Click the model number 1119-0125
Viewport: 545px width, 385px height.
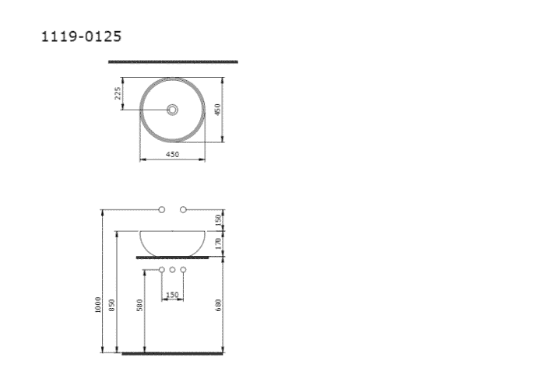point(80,37)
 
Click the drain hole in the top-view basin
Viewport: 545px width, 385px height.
point(173,110)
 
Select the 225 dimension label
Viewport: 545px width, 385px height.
point(118,93)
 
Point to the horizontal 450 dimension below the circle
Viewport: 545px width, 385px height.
point(172,155)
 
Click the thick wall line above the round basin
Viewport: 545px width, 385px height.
point(173,61)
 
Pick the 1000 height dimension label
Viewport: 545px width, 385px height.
point(97,303)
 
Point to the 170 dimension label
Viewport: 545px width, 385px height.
point(220,243)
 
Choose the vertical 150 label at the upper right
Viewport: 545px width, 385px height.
point(220,220)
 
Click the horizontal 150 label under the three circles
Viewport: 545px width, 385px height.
point(172,295)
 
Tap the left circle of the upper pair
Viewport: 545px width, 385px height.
point(162,209)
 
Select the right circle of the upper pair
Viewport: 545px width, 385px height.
point(184,209)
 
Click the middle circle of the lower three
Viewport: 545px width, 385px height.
point(173,270)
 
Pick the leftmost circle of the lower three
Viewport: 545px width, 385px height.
point(162,270)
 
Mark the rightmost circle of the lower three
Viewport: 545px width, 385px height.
point(184,270)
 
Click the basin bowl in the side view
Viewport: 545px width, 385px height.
point(173,242)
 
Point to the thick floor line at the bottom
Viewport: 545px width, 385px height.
point(173,353)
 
